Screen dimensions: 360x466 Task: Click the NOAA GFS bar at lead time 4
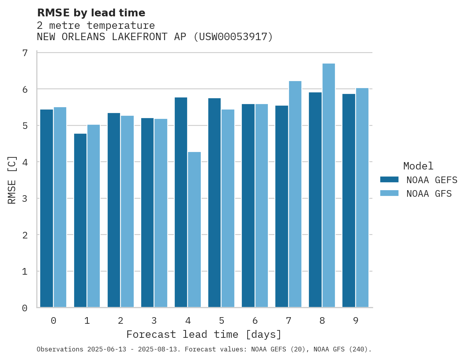coord(194,229)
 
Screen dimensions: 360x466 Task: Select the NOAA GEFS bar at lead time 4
coord(181,202)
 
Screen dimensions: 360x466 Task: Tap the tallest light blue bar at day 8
coord(328,185)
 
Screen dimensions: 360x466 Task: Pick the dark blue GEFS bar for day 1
coord(80,221)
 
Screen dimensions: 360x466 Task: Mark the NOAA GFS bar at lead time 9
coord(362,198)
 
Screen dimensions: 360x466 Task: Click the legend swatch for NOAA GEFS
coord(389,180)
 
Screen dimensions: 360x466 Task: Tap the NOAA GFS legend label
coord(429,194)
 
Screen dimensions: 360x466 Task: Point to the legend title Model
coord(418,166)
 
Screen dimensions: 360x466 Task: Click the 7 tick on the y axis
coord(25,53)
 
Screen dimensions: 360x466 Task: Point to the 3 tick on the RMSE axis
coord(25,199)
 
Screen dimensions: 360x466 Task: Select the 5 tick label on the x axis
coord(221,321)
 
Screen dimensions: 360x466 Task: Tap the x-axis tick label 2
coord(120,321)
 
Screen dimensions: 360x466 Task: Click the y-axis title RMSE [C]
coord(12,180)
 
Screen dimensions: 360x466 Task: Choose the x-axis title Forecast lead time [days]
coord(204,335)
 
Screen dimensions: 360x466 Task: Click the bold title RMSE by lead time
coord(91,13)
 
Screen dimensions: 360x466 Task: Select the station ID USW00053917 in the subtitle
coord(233,37)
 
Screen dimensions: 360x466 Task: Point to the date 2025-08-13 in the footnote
coord(161,349)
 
